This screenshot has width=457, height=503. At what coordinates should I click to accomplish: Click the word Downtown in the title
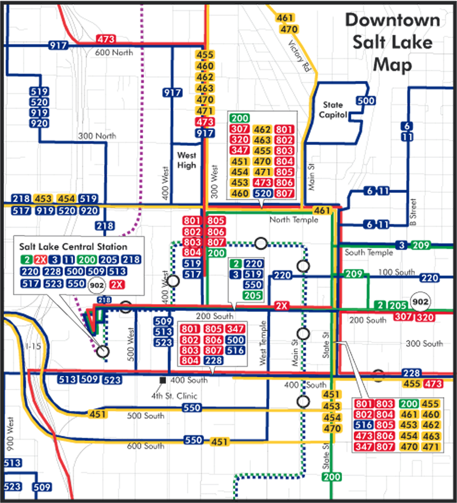pyautogui.click(x=393, y=20)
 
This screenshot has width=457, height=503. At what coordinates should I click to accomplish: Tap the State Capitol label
pyautogui.click(x=333, y=110)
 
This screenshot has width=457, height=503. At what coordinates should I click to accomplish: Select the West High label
pyautogui.click(x=186, y=160)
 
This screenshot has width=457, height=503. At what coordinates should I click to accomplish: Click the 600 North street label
pyautogui.click(x=114, y=53)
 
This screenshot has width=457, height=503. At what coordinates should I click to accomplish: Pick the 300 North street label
pyautogui.click(x=97, y=136)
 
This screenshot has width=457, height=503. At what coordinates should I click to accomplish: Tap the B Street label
pyautogui.click(x=413, y=212)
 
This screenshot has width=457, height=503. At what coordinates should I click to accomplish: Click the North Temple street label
pyautogui.click(x=294, y=220)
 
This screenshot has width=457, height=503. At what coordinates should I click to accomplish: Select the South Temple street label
pyautogui.click(x=368, y=252)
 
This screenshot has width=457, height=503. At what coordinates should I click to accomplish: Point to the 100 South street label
pyautogui.click(x=396, y=272)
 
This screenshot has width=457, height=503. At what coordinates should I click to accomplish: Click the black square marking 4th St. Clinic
pyautogui.click(x=163, y=380)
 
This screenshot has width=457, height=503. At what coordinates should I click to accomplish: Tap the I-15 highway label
pyautogui.click(x=33, y=346)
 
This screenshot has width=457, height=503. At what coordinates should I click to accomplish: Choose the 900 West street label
pyautogui.click(x=10, y=434)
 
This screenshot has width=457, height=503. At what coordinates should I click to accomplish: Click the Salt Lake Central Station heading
pyautogui.click(x=73, y=247)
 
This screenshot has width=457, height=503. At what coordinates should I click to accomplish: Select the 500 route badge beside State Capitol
pyautogui.click(x=366, y=101)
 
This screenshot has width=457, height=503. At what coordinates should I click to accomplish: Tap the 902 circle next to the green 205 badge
pyautogui.click(x=420, y=302)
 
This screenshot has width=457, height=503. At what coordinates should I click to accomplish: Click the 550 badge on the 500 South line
pyautogui.click(x=191, y=408)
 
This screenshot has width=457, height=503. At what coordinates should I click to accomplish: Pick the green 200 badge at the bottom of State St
pyautogui.click(x=332, y=477)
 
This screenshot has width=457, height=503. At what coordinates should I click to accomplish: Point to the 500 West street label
pyautogui.click(x=130, y=344)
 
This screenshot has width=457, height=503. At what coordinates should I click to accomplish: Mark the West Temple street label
pyautogui.click(x=263, y=343)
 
